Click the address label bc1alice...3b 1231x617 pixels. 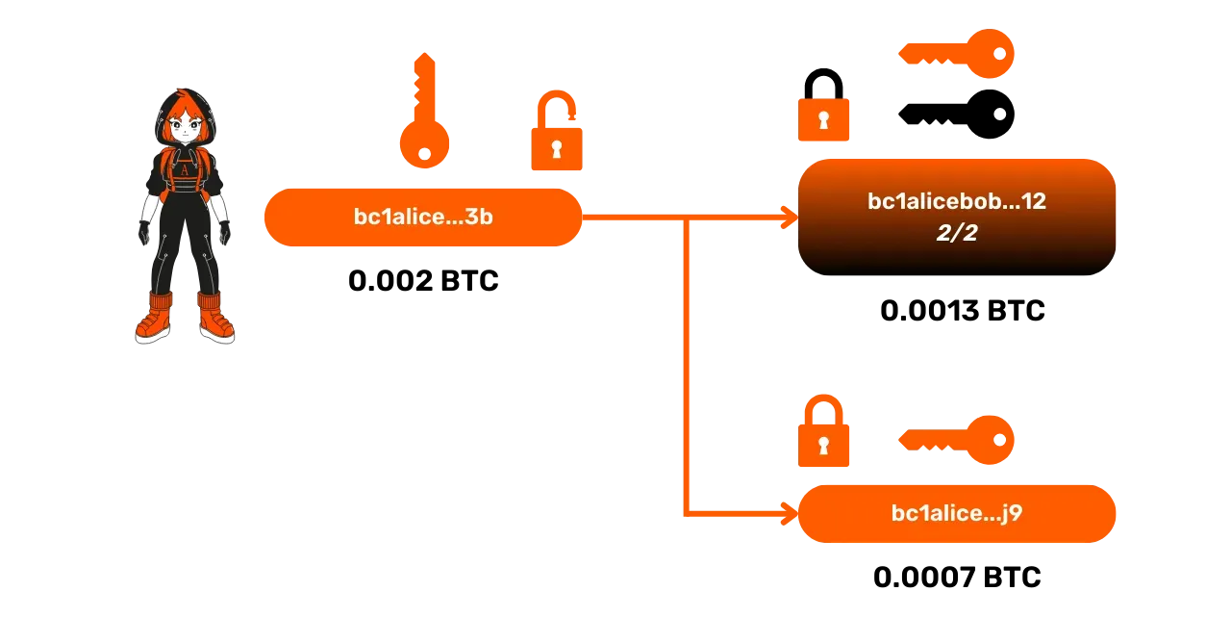[x=423, y=218]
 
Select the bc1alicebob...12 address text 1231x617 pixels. [x=957, y=202]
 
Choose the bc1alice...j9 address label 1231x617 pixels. [x=957, y=513]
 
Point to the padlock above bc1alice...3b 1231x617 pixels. [x=558, y=135]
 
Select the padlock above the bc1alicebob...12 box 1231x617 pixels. [x=823, y=118]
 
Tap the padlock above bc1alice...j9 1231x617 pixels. [x=823, y=433]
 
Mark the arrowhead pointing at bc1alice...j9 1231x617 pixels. [x=791, y=513]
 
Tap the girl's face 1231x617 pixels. [x=184, y=126]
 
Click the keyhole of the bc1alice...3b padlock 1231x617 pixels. [x=558, y=149]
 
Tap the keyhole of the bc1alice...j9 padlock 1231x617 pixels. [x=823, y=445]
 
